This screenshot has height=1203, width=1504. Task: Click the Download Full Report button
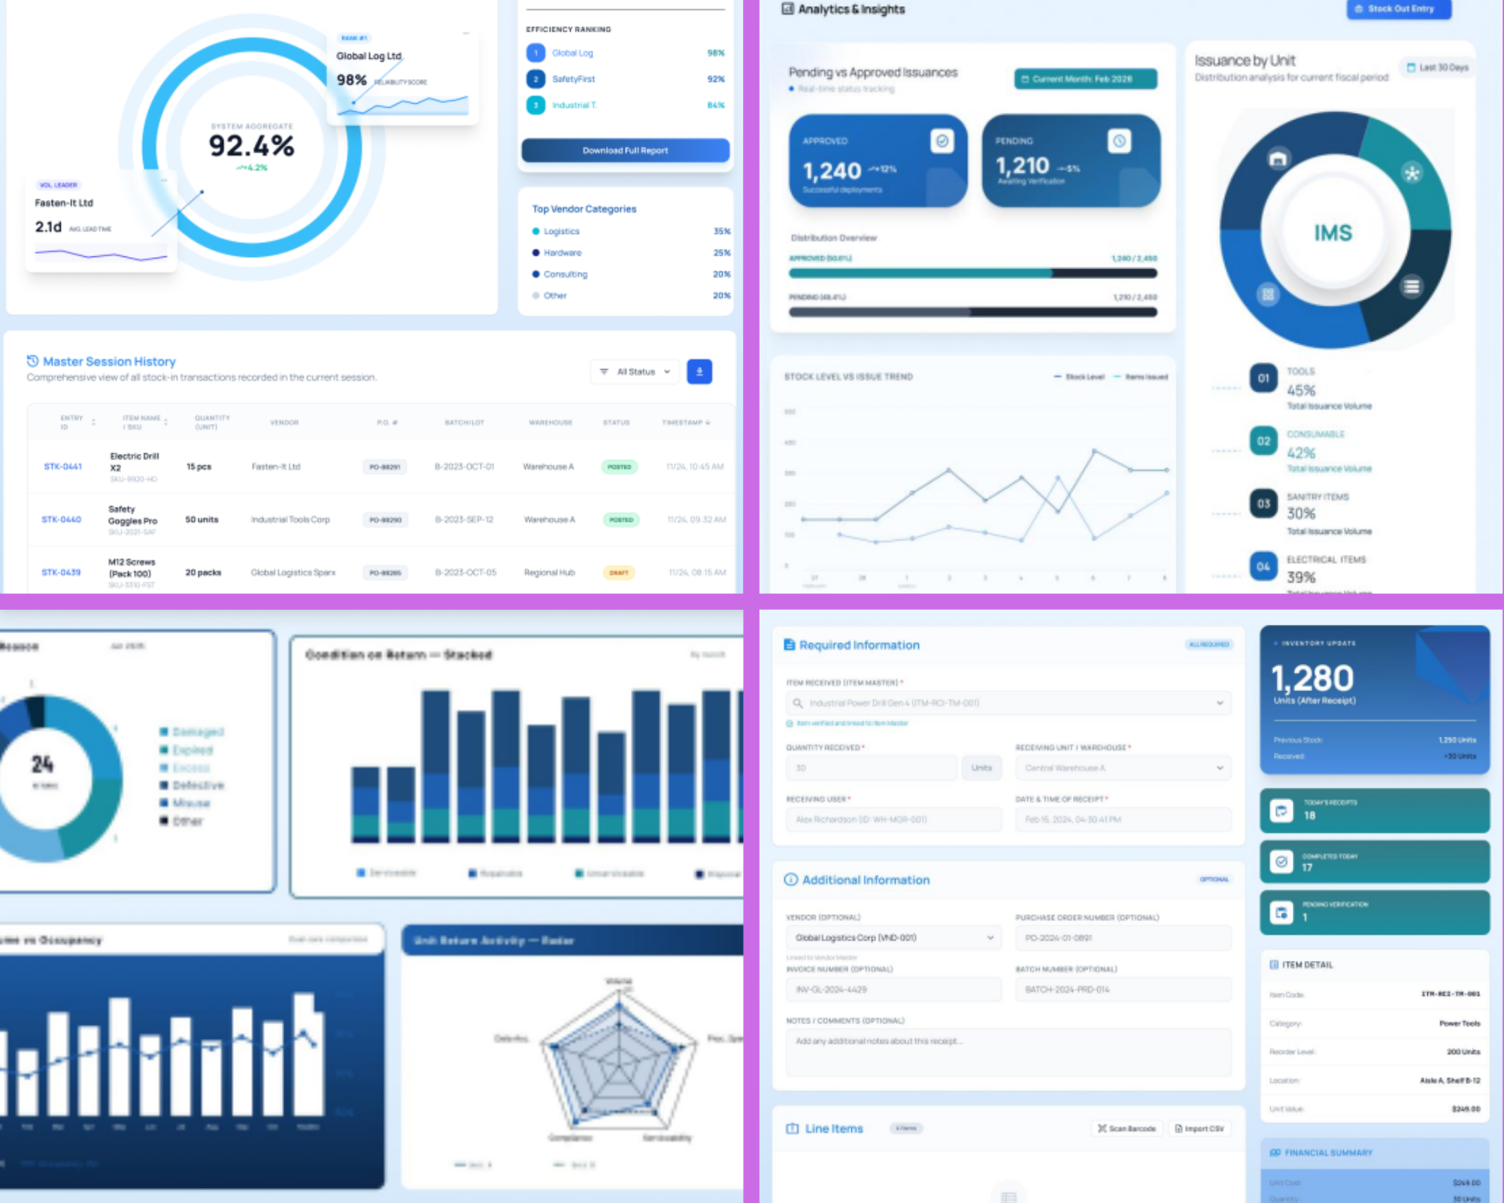point(625,150)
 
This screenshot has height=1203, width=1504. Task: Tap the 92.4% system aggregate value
point(251,145)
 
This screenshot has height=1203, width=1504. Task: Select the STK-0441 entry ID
point(62,467)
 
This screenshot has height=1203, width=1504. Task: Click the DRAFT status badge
point(619,573)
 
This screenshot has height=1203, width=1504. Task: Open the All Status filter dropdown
point(635,371)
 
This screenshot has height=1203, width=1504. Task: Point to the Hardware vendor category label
point(562,253)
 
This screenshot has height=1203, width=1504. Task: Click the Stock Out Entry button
point(1398,9)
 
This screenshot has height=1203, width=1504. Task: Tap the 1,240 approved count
point(832,171)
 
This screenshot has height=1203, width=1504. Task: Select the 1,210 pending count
point(1022,165)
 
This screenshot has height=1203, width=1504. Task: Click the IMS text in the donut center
point(1333,233)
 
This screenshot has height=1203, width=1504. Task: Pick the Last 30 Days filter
point(1437,68)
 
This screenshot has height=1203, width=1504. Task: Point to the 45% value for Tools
point(1301,390)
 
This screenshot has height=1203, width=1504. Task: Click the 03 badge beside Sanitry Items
point(1263,504)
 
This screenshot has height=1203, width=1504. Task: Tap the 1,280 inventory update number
point(1312,678)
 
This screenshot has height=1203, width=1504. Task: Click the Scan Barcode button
point(1126,1129)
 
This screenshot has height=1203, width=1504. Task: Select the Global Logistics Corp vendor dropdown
point(894,938)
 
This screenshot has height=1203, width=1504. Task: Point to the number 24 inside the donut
point(42,765)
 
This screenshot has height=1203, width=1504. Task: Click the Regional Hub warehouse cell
point(549,573)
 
